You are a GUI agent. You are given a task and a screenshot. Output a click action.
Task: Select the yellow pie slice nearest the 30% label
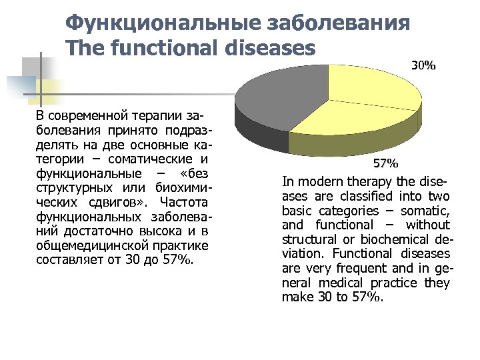point(373,87)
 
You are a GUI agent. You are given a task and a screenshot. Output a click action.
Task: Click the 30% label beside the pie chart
point(423,66)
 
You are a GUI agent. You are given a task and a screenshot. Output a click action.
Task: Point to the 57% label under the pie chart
point(385,163)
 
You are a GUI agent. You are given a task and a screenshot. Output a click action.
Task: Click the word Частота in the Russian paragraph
point(184,203)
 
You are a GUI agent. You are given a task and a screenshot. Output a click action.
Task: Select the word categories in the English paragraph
point(346,211)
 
